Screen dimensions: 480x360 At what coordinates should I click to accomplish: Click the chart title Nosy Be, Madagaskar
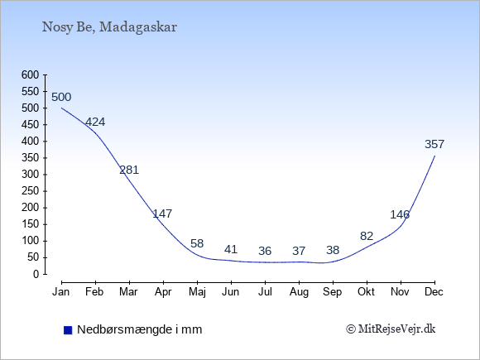point(109,27)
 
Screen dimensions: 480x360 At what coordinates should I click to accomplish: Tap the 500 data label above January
point(61,98)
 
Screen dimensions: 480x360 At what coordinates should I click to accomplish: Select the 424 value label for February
point(95,122)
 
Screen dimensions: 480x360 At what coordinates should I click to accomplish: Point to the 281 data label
point(129,170)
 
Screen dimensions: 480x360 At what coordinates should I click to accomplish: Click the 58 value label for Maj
point(197,243)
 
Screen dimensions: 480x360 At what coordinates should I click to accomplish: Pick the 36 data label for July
point(265,251)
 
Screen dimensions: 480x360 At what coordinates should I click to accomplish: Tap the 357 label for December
point(434,144)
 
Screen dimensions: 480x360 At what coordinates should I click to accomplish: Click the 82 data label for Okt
point(367,236)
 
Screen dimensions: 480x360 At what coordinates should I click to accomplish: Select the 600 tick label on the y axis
point(31,74)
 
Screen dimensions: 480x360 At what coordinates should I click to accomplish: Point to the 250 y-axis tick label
point(31,191)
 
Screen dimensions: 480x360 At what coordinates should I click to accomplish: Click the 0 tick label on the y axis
point(36,274)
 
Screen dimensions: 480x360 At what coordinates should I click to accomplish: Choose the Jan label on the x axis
point(61,292)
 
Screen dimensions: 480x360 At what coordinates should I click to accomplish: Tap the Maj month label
point(197,292)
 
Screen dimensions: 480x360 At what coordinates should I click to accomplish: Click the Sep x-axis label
point(333,292)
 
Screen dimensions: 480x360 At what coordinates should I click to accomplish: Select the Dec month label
point(434,292)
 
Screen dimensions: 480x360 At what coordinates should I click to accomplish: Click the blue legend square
point(68,330)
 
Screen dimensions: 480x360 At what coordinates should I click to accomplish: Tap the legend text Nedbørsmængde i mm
point(140,329)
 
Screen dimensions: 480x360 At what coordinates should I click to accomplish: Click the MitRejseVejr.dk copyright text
point(391,329)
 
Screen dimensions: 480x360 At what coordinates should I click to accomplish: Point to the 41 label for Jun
point(231,249)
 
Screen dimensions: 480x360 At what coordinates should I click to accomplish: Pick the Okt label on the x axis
point(366,292)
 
